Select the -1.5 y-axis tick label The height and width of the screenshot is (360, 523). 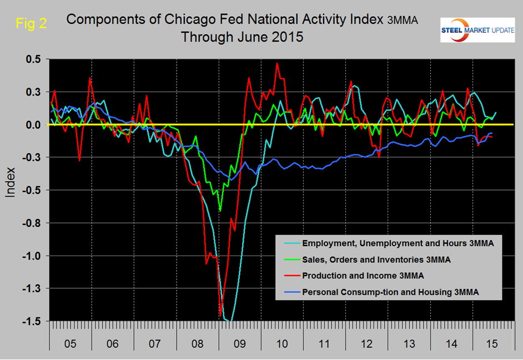tap(33, 321)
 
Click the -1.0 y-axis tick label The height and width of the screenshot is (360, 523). tap(33, 256)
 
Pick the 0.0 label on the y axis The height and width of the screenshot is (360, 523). tap(34, 125)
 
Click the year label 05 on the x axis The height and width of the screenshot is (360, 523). tap(70, 344)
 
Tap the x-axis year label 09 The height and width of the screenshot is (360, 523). tap(240, 344)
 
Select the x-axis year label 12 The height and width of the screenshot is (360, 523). tap(368, 344)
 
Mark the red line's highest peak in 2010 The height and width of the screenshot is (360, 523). tap(277, 63)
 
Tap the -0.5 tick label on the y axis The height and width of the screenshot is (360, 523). tap(33, 190)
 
